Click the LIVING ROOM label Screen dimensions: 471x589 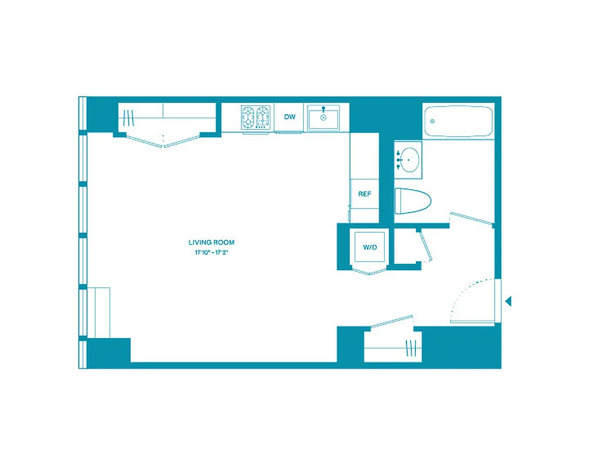click(211, 243)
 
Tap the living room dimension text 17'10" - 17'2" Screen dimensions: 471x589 click(211, 253)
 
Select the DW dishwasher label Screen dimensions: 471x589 click(289, 117)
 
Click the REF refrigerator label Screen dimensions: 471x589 click(365, 194)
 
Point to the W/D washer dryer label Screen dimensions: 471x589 click(369, 247)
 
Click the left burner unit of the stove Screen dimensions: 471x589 click(248, 117)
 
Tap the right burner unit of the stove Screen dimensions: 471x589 click(263, 117)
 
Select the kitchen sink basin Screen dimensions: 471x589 click(323, 118)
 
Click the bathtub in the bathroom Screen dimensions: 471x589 click(458, 121)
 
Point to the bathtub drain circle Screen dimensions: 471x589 click(433, 121)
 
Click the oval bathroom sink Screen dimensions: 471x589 click(408, 160)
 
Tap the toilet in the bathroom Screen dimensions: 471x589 click(412, 201)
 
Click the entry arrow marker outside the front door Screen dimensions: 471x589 click(508, 301)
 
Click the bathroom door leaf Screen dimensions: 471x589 click(471, 218)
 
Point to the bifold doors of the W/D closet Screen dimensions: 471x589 click(368, 271)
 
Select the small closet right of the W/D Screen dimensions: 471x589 click(406, 248)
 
